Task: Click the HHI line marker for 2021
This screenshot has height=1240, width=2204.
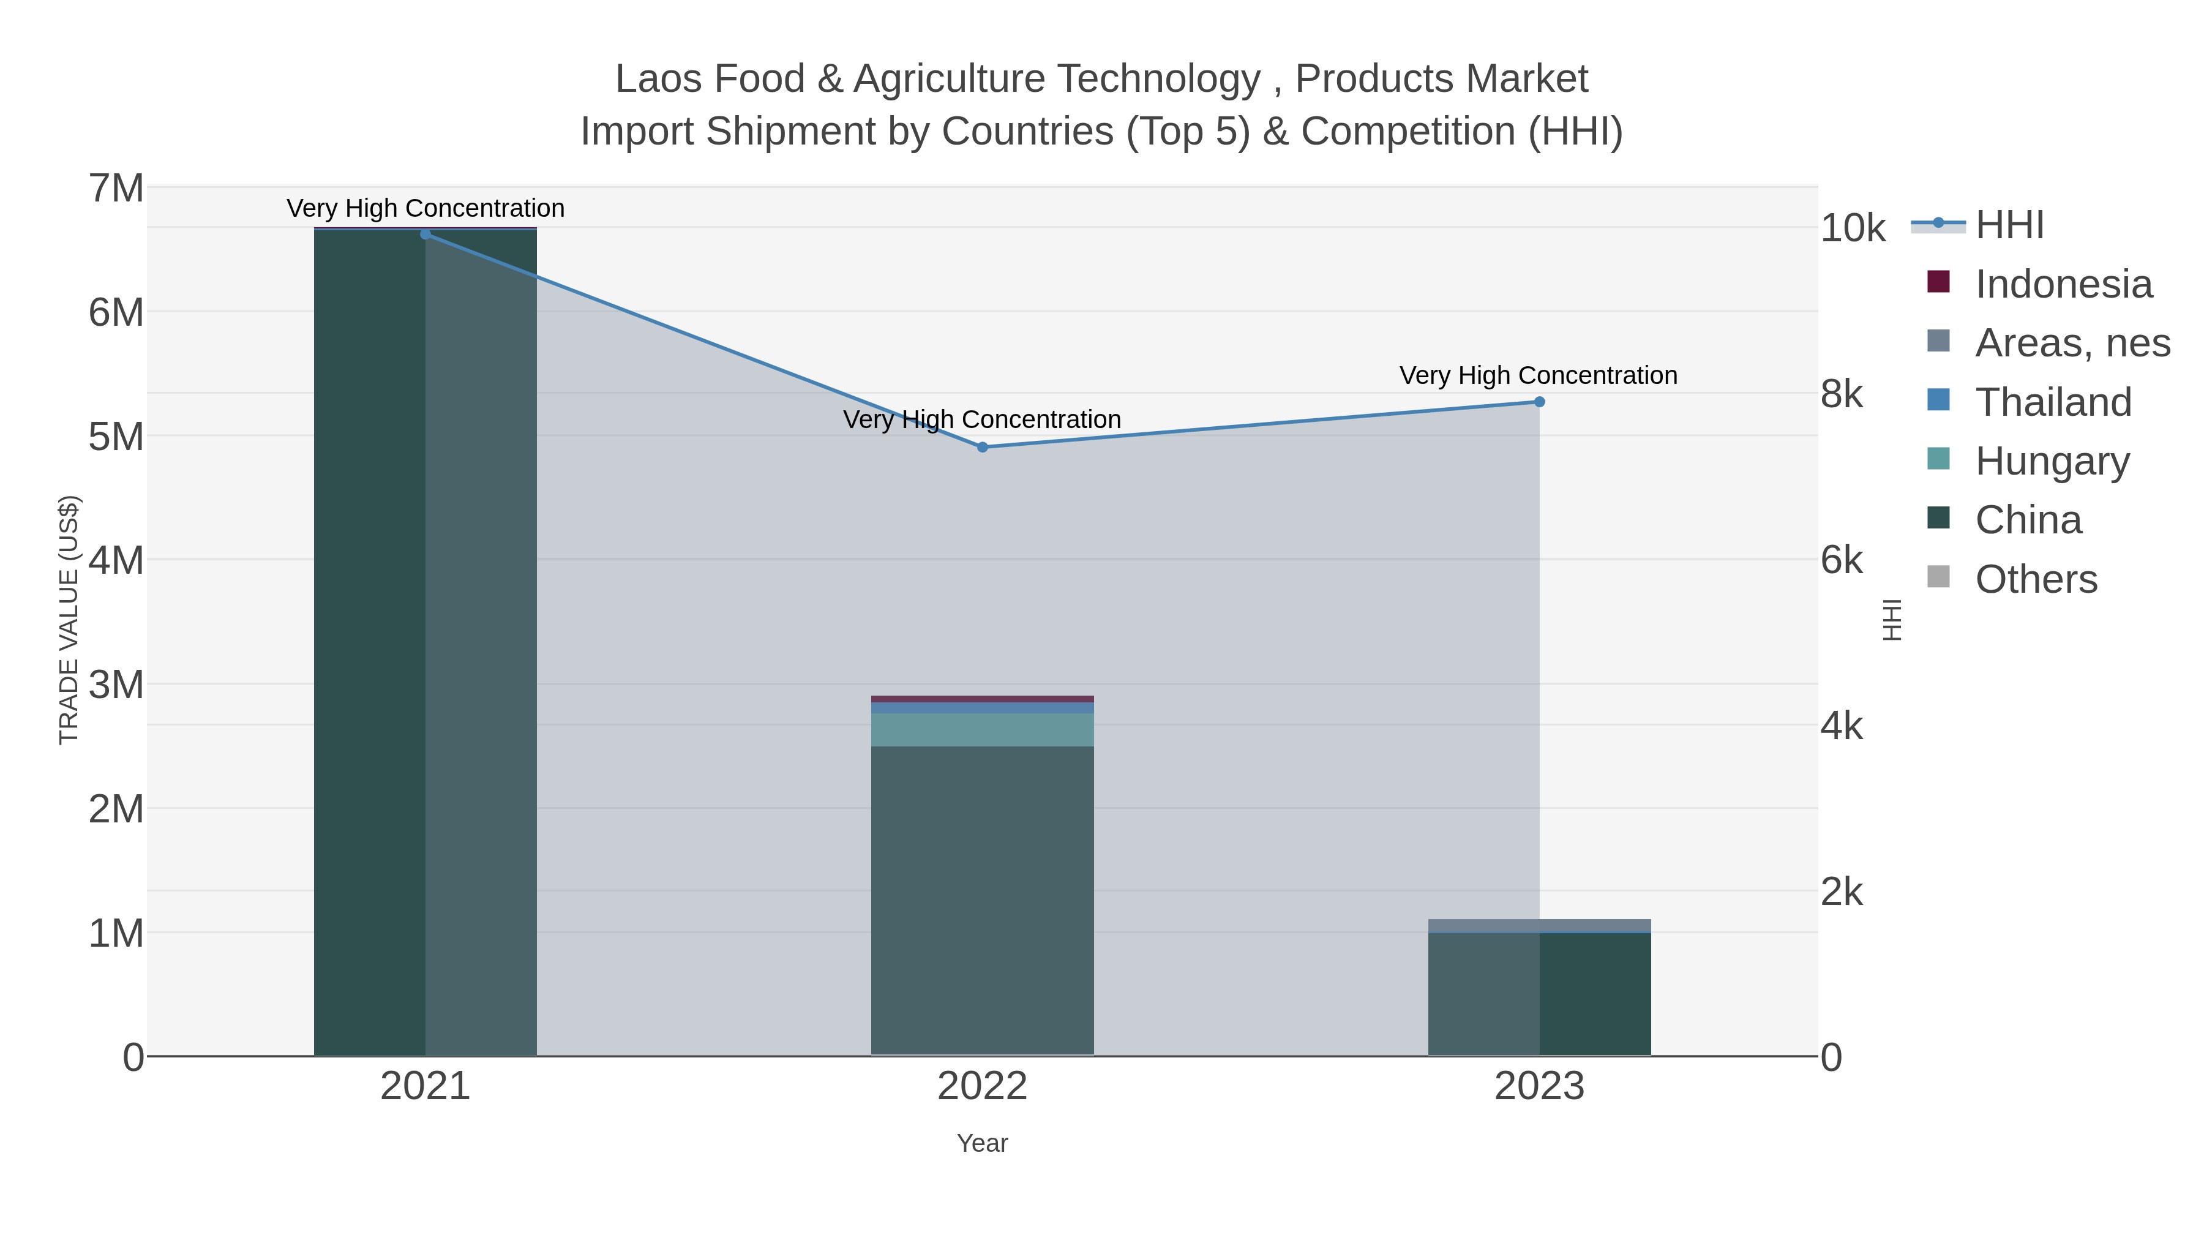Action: pos(425,234)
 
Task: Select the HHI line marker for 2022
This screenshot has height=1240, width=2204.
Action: pos(982,447)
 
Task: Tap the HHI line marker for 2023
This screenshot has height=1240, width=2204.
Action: pos(1539,401)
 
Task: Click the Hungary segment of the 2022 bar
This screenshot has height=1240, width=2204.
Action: pos(982,729)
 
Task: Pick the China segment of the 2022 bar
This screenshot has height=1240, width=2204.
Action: pos(982,898)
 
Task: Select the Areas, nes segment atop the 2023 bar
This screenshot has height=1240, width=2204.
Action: pos(1539,925)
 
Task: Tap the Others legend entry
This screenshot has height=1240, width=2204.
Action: pos(2036,579)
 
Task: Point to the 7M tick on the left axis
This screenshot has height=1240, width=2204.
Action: pos(116,188)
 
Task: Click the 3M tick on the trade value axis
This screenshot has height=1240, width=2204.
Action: pos(116,685)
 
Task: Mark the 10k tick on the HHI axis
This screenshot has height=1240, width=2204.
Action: pos(1853,228)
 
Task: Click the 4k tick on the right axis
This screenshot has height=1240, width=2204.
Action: pos(1841,726)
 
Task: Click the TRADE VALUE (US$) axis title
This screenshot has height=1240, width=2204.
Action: pos(69,620)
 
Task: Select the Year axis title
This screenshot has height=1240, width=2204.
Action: pos(982,1143)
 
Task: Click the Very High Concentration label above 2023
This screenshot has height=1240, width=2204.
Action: pos(1539,376)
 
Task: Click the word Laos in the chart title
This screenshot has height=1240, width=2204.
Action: pos(659,80)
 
